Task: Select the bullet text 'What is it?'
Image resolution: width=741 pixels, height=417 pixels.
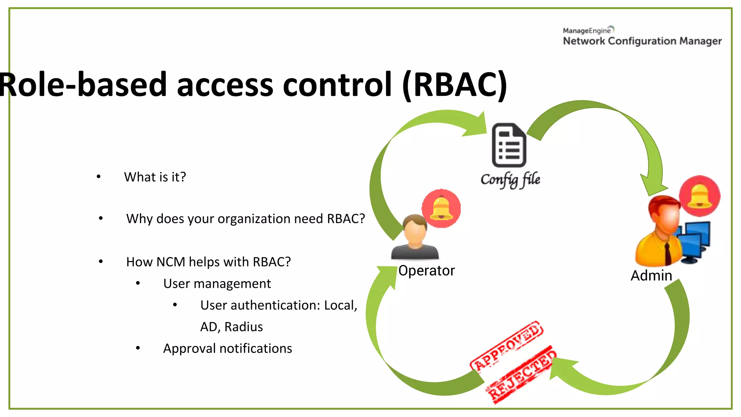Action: [x=155, y=177]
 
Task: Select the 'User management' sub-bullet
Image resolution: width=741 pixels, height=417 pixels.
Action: [x=217, y=283]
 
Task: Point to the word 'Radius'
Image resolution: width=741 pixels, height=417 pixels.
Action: [x=244, y=327]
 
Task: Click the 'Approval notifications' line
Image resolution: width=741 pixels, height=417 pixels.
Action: [x=227, y=348]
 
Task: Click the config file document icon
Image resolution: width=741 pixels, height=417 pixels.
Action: [x=509, y=145]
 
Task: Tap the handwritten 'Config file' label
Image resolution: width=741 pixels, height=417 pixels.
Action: [x=510, y=180]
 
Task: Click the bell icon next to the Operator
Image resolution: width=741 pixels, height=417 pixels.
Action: [x=441, y=208]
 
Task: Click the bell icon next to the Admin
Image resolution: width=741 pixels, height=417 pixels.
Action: [x=699, y=196]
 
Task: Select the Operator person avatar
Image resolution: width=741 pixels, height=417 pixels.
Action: [x=415, y=237]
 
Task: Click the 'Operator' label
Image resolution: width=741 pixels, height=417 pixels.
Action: [x=426, y=271]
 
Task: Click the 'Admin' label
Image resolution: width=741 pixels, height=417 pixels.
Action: [x=651, y=275]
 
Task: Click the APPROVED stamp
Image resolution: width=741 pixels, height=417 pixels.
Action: [x=507, y=346]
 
